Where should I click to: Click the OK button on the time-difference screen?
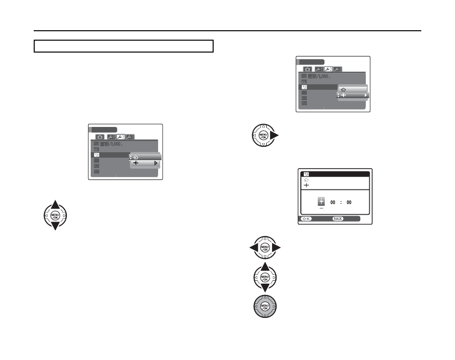click(x=305, y=218)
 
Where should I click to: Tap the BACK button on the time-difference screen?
click(x=338, y=218)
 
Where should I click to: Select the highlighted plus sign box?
click(x=321, y=201)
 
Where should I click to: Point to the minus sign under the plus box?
click(x=321, y=208)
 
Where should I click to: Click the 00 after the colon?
click(x=349, y=202)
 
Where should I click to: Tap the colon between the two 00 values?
click(x=341, y=202)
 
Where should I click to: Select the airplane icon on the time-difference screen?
click(x=306, y=185)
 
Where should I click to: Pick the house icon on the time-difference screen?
click(x=306, y=180)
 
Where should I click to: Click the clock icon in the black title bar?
click(x=306, y=175)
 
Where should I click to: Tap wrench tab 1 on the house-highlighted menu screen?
click(x=111, y=136)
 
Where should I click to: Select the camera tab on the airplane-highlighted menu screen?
click(x=307, y=69)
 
